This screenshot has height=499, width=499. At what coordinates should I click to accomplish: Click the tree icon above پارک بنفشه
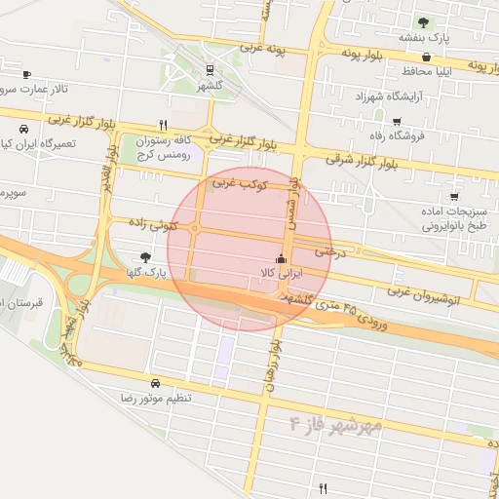pos(422,21)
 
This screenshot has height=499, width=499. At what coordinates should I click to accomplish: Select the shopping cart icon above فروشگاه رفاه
pos(397,122)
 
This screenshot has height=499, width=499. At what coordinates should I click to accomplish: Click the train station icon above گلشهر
pos(210,69)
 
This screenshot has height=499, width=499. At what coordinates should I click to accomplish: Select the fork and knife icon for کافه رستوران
pos(163,125)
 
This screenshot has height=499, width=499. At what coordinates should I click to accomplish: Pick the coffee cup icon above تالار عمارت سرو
pos(25,74)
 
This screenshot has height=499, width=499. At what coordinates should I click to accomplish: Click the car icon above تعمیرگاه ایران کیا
pos(21,128)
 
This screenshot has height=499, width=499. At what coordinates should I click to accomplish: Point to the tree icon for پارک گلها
pos(145,257)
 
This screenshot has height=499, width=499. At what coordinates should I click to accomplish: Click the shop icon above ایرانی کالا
pos(281,259)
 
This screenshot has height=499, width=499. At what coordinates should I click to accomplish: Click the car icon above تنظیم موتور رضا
pos(156,384)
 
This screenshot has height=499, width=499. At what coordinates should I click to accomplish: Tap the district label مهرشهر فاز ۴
pos(333,425)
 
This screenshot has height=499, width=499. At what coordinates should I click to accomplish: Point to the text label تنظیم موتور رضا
pos(156,400)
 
